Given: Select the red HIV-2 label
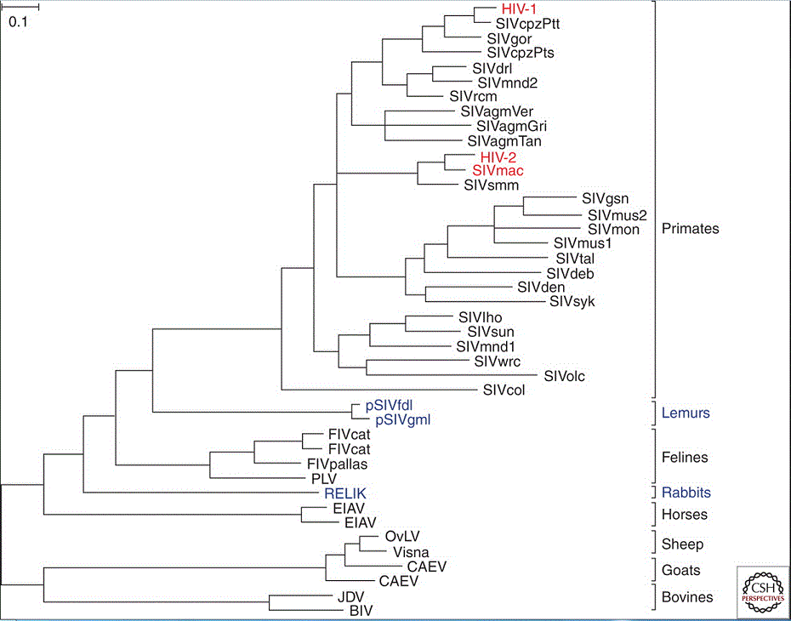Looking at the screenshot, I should pos(498,157).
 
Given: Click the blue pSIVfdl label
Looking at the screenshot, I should pos(389,406).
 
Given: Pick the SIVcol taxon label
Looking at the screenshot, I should pos(507,390).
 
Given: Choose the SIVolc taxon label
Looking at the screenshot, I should pos(565,375).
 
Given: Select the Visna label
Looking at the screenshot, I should pos(411,552).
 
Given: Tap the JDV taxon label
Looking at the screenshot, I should pos(339,595).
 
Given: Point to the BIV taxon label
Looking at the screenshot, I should pos(362,610).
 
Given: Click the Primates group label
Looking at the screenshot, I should pos(690,229).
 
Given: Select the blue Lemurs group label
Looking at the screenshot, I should pos(686,413).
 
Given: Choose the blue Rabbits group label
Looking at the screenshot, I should pos(686,493).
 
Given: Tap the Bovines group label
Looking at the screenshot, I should pos(687,597).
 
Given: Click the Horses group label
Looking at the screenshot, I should pos(685,515).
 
